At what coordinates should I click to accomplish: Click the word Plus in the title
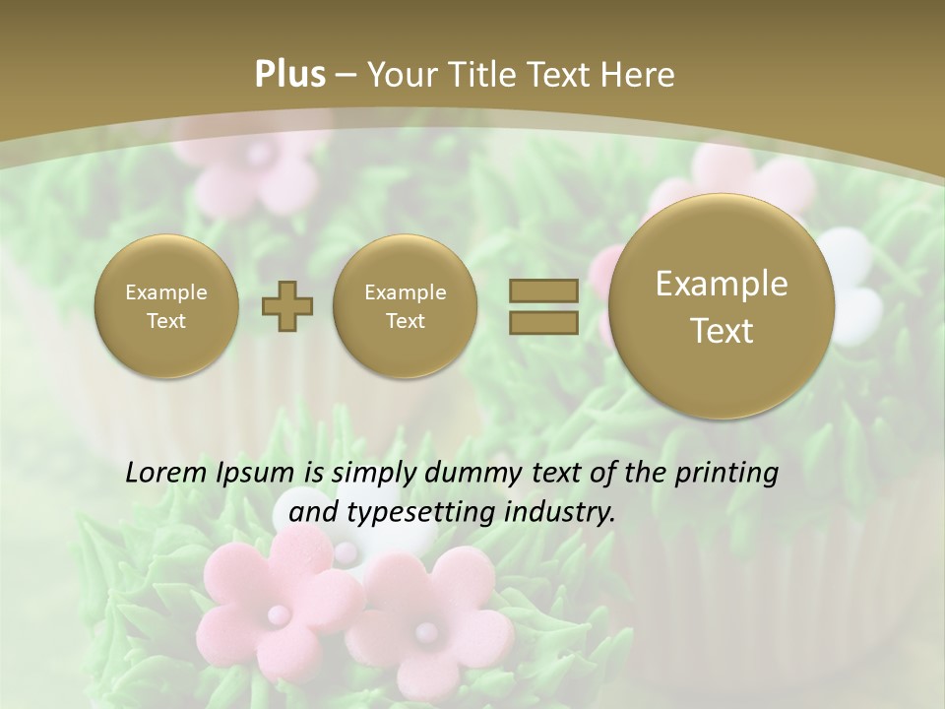pos(289,76)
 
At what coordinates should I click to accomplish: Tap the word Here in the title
pos(640,76)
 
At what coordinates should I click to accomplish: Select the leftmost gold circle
pos(166,306)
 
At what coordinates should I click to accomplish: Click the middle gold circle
pos(406,306)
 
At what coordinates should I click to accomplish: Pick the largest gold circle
pos(722,306)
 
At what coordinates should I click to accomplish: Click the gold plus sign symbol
pos(286,306)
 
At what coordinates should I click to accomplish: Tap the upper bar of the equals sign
pos(543,291)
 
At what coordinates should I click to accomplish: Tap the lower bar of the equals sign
pos(543,322)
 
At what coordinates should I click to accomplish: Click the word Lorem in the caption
pos(161,474)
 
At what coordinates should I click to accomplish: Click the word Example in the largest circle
pos(722,285)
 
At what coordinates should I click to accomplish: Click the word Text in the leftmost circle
pos(166,321)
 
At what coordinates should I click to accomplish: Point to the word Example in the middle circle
pos(406,292)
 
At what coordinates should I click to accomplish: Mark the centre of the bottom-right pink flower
pos(425,628)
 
